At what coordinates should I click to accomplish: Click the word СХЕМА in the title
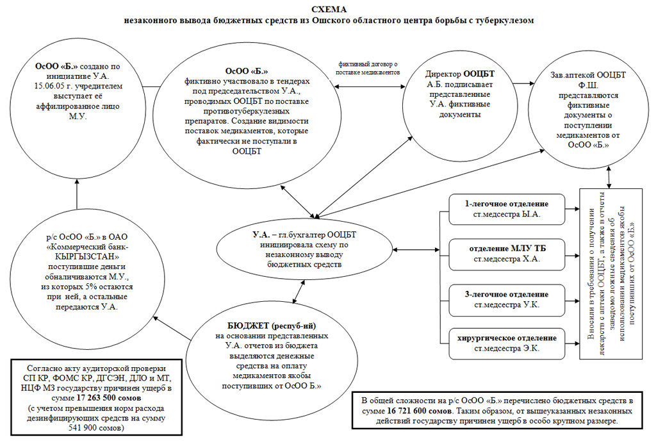pyautogui.click(x=328, y=8)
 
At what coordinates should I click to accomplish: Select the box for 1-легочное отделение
pyautogui.click(x=507, y=209)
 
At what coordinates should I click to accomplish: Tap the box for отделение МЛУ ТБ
pyautogui.click(x=507, y=254)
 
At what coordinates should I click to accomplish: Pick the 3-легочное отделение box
pyautogui.click(x=507, y=299)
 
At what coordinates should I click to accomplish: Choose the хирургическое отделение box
pyautogui.click(x=507, y=343)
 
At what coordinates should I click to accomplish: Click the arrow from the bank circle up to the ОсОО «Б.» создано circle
pyautogui.click(x=76, y=195)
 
